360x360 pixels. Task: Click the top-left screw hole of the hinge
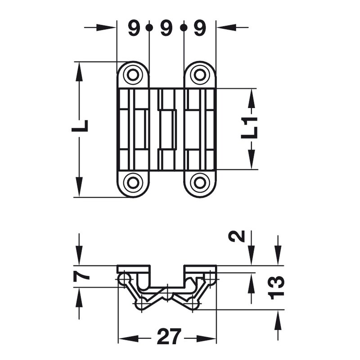click(x=133, y=75)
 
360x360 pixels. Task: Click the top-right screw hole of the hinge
click(x=200, y=75)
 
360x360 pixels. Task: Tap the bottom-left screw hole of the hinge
click(x=133, y=183)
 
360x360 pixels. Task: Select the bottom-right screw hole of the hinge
click(x=200, y=183)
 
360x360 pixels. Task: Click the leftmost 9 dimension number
click(x=134, y=28)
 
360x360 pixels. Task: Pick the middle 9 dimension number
click(x=166, y=28)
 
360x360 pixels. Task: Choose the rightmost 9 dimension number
click(x=200, y=28)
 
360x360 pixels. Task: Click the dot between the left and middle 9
click(x=149, y=28)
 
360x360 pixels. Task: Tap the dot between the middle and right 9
click(x=184, y=28)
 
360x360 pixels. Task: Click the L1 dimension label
click(x=249, y=128)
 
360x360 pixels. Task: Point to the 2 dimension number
click(x=237, y=237)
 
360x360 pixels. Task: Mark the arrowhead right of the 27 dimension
click(x=207, y=338)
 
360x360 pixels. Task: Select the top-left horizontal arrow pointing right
click(x=100, y=27)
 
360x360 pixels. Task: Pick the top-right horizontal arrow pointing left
click(x=232, y=27)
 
